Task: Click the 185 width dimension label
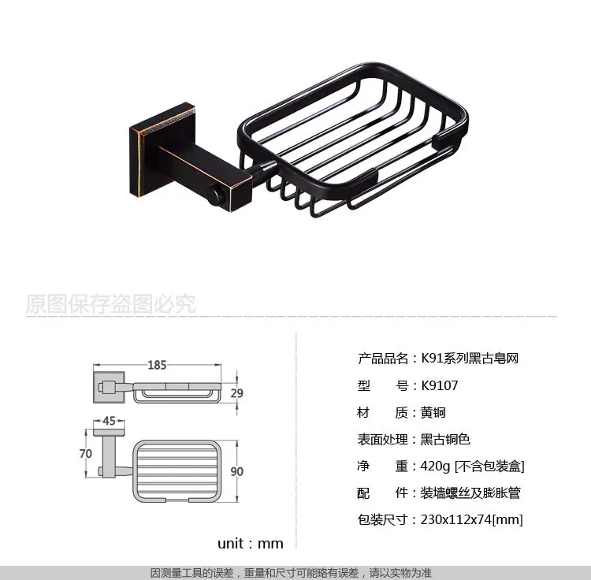(157, 365)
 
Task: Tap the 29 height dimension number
(236, 393)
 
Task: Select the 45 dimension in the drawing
(109, 421)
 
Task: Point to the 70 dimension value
(86, 453)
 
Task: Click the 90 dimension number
(236, 471)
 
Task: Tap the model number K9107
(440, 385)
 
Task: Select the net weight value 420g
(435, 467)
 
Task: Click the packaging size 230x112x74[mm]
(471, 519)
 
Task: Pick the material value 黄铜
(433, 413)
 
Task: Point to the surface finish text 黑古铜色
(445, 440)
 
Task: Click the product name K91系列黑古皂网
(470, 359)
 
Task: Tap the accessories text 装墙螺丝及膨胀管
(470, 493)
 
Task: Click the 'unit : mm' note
(251, 544)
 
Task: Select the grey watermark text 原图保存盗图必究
(111, 303)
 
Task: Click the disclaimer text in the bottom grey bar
(291, 573)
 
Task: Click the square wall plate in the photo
(163, 149)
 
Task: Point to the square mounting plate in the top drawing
(109, 388)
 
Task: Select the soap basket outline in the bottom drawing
(177, 441)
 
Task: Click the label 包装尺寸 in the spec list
(382, 519)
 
